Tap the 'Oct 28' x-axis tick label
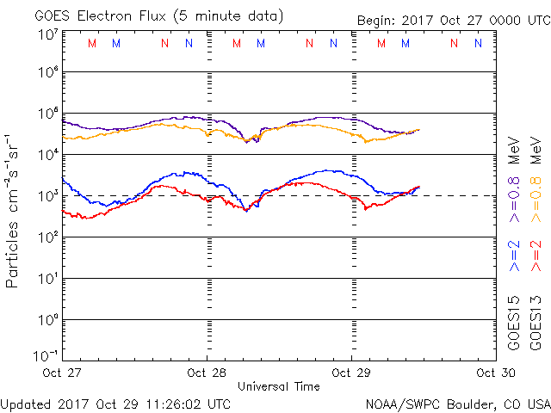click(207, 373)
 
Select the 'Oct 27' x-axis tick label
click(62, 373)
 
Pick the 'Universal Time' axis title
click(279, 386)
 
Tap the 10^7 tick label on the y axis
click(47, 34)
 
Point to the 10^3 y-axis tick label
click(47, 196)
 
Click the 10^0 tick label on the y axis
click(47, 320)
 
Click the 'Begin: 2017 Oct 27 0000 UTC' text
click(452, 20)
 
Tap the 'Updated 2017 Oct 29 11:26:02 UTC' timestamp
click(115, 403)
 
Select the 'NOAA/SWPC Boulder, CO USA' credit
click(457, 403)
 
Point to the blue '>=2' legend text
click(515, 256)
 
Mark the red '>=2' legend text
click(537, 256)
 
